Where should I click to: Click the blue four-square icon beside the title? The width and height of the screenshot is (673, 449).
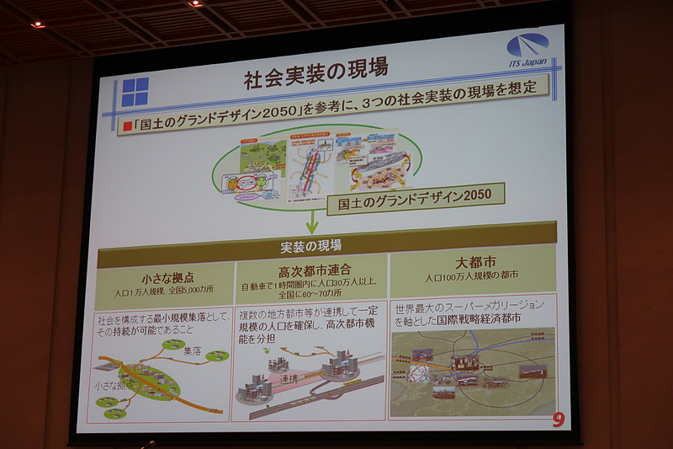tap(135, 92)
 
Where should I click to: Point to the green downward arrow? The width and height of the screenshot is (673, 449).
tap(311, 222)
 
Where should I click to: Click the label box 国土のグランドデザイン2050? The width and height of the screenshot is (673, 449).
tap(416, 199)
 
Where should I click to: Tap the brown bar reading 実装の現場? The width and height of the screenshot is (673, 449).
tap(311, 246)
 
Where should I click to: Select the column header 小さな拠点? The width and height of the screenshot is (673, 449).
tap(165, 277)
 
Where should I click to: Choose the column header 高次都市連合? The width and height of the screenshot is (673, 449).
tap(310, 270)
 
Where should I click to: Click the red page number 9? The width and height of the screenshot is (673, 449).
tap(558, 419)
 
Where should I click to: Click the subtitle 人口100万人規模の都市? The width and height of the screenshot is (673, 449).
tap(471, 276)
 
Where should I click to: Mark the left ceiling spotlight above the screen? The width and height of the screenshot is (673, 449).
tap(38, 24)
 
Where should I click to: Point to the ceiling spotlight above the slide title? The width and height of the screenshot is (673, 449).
tap(195, 3)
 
